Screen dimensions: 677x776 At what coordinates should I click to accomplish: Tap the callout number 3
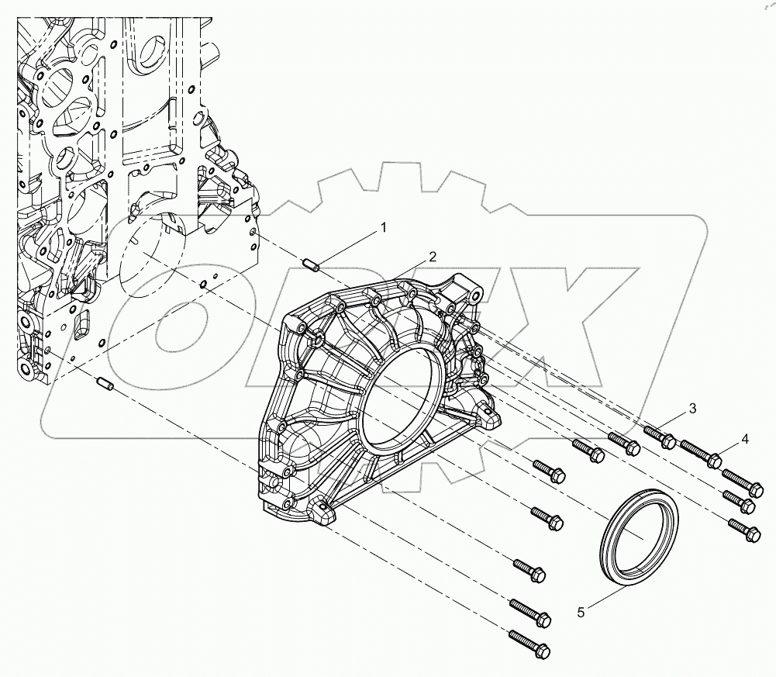click(x=693, y=409)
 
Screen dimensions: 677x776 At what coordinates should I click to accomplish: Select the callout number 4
click(x=744, y=439)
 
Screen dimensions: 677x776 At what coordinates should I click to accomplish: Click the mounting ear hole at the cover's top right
click(x=469, y=293)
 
